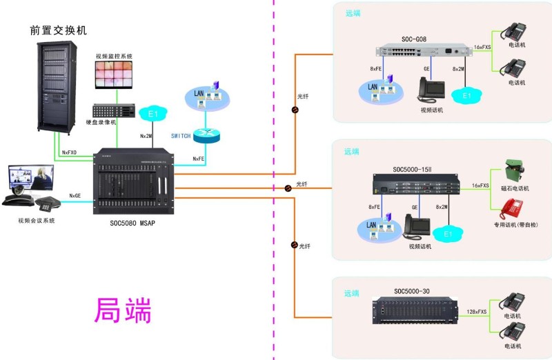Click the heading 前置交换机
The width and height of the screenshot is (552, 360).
[x=59, y=30]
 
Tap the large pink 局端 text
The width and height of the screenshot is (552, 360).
[x=122, y=311]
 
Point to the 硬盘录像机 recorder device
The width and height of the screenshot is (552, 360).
[x=115, y=110]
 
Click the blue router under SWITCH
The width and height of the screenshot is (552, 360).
[x=206, y=136]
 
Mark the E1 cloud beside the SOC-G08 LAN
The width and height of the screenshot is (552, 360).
[x=466, y=94]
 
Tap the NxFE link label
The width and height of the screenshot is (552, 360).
[x=199, y=159]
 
